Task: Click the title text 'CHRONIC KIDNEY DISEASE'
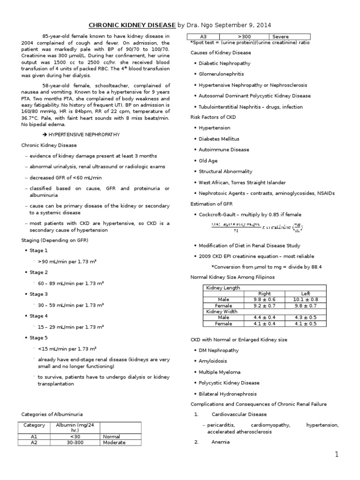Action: [132, 25]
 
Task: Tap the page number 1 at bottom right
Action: [336, 454]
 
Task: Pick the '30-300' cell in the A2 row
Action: [76, 442]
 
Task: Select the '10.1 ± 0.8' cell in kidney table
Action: [305, 299]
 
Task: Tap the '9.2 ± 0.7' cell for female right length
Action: [264, 305]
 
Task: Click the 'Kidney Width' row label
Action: [222, 311]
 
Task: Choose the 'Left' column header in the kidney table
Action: [305, 293]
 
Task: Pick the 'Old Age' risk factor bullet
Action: [209, 161]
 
